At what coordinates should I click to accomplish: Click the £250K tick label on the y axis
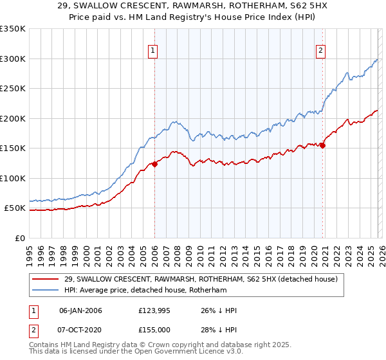click(13, 89)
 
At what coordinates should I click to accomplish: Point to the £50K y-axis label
click(15, 208)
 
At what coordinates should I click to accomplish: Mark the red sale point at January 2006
click(154, 164)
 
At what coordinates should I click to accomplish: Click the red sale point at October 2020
click(322, 145)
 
